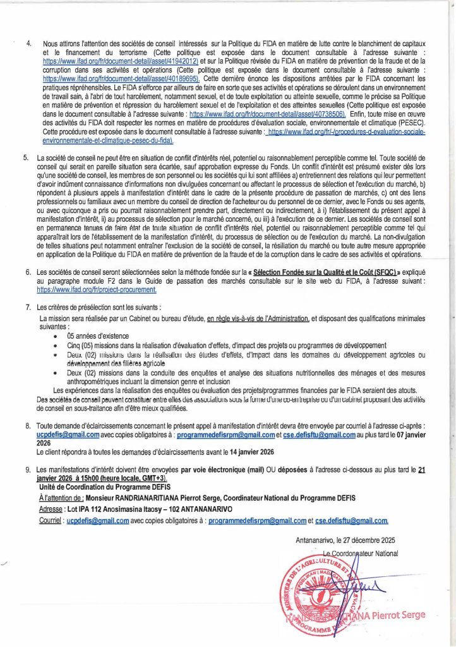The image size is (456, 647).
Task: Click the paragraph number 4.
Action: click(28, 41)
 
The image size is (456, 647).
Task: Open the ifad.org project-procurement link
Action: click(97, 288)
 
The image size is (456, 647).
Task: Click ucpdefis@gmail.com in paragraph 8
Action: click(68, 435)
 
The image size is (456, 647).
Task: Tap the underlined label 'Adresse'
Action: click(51, 508)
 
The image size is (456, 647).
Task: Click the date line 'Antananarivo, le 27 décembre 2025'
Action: click(347, 541)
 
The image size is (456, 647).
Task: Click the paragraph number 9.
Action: click(27, 470)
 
